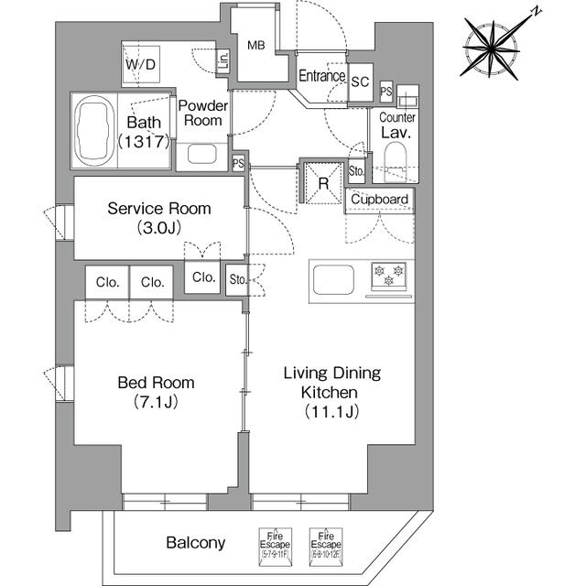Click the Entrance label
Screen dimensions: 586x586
(x=321, y=77)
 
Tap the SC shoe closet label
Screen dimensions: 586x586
(x=360, y=81)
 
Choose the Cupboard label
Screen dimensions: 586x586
(x=379, y=200)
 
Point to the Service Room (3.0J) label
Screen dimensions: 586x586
(x=158, y=217)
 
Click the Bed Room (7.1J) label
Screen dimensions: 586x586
(x=155, y=392)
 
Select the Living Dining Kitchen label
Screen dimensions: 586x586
(x=331, y=392)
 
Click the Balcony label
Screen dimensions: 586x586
(x=195, y=543)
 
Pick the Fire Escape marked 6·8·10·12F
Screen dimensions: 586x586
(x=325, y=542)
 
